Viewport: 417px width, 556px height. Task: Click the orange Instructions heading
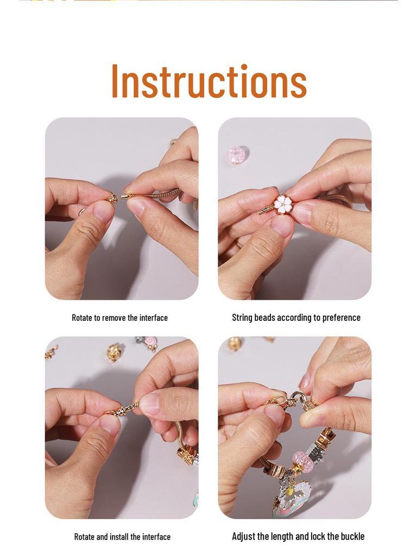[x=208, y=81]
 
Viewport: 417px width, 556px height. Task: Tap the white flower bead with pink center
[x=283, y=204]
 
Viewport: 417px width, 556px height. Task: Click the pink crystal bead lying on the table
[x=237, y=155]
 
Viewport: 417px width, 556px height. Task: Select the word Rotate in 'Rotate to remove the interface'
[x=83, y=318]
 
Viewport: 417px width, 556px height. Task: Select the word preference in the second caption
[x=341, y=318]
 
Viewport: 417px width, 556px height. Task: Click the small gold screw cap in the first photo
[x=112, y=199]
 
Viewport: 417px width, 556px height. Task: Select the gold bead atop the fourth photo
[x=235, y=343]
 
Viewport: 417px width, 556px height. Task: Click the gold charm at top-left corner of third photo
[x=51, y=351]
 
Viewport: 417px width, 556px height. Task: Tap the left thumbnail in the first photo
[x=103, y=211]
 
